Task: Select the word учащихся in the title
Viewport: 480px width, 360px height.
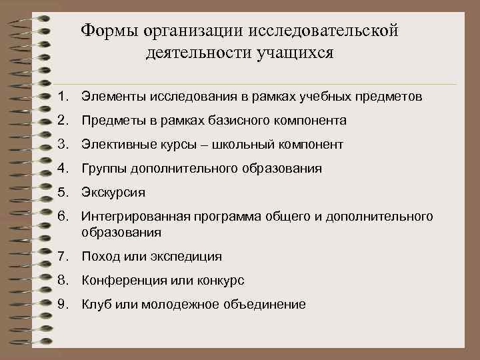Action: click(x=294, y=53)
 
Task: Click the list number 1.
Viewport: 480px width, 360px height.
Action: click(x=63, y=97)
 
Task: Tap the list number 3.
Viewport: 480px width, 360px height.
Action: click(x=63, y=144)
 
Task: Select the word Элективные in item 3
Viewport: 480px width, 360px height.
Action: click(x=113, y=145)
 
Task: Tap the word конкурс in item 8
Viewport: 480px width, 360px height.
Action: click(x=220, y=281)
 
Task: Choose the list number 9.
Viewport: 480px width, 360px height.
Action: click(x=63, y=304)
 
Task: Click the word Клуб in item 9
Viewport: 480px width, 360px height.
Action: click(x=94, y=305)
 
